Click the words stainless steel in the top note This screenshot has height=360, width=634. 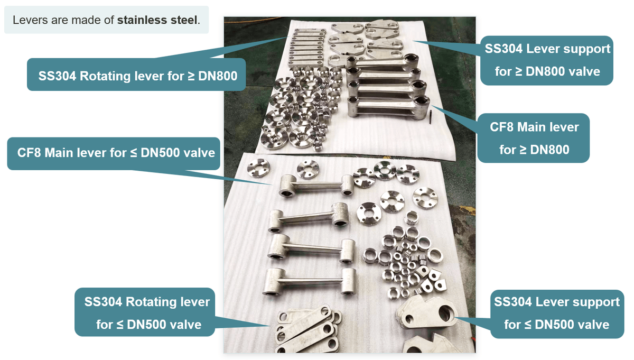pos(157,20)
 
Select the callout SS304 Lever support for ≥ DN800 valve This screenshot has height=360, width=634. pos(547,60)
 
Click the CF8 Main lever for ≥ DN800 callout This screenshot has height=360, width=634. pos(534,138)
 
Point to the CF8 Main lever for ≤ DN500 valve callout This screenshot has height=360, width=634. pos(114,153)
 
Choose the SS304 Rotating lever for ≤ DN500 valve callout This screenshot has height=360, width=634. pos(145,312)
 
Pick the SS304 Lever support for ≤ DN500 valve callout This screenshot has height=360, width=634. pos(557,314)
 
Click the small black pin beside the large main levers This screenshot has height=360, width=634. pos(431,117)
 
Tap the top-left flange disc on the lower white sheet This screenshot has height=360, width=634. pos(258,168)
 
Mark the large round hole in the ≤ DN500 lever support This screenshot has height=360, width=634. pos(445,313)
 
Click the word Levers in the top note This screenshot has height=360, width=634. pos(30,20)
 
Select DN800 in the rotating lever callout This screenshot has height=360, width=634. pos(218,76)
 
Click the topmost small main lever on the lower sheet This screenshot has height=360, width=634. pos(316,186)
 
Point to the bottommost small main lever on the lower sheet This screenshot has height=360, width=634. pos(310,282)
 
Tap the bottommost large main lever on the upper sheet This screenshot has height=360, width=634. pos(388,108)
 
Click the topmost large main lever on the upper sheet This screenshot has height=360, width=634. pos(382,62)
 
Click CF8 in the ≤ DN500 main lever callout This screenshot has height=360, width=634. pos(29,153)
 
